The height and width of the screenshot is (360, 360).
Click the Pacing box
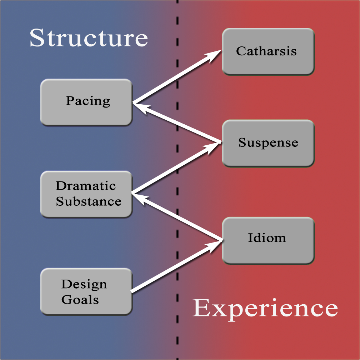[x=86, y=102]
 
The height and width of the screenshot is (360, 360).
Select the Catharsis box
[x=268, y=51]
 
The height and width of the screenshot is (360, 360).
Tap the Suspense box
[x=268, y=143]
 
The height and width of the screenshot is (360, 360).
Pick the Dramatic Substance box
[x=86, y=194]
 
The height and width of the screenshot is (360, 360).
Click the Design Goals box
[x=86, y=291]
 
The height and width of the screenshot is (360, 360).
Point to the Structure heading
[x=89, y=38]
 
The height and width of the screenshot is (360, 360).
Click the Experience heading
[x=265, y=308]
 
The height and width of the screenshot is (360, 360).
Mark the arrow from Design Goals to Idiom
[x=175, y=266]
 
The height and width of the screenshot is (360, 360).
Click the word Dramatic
[x=86, y=186]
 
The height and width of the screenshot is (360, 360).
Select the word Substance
[x=89, y=201]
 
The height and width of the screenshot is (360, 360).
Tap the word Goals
[x=80, y=299]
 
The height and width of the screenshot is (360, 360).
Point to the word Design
[x=84, y=284]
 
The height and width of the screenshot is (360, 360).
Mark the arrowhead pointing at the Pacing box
[x=140, y=106]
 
